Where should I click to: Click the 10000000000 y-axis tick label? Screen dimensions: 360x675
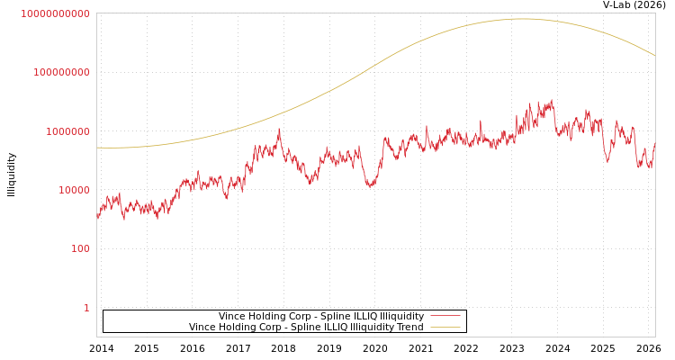(x=55, y=13)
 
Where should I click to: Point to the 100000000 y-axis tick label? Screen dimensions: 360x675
(x=61, y=72)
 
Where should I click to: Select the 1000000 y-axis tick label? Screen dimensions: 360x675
(x=67, y=131)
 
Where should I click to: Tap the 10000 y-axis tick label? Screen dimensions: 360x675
(x=74, y=190)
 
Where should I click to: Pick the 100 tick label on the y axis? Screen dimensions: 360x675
(x=80, y=248)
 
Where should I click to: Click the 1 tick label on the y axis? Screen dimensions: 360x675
(x=86, y=308)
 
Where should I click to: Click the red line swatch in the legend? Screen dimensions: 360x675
(x=445, y=316)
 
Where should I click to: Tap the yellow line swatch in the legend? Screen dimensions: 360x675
(x=445, y=327)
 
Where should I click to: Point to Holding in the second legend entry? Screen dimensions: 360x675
(x=238, y=327)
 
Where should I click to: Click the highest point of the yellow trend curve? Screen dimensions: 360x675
(x=522, y=19)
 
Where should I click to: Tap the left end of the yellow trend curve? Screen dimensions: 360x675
(x=97, y=148)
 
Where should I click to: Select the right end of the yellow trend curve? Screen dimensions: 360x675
(x=654, y=56)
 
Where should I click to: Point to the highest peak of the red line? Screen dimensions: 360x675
(x=552, y=100)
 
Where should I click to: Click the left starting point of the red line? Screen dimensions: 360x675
(x=97, y=217)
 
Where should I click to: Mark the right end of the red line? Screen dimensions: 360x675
(x=654, y=141)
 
